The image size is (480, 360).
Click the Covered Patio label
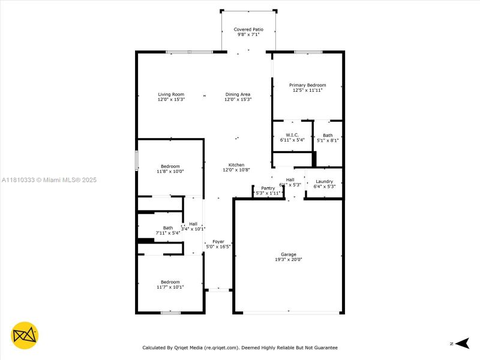[248, 29]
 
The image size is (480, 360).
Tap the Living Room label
[171, 94]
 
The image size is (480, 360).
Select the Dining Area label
[238, 94]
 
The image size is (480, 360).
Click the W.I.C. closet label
[292, 135]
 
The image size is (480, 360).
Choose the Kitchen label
[236, 165]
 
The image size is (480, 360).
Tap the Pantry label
[268, 188]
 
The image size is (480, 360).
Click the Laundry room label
[323, 181]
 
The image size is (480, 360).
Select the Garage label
[289, 254]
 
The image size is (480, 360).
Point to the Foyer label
[218, 241]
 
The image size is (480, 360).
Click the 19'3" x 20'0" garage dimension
[289, 260]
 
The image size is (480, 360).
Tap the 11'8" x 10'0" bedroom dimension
[170, 172]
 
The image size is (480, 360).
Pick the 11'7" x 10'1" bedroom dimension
[170, 287]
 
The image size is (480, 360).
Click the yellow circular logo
[25, 336]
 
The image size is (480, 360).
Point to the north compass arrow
[461, 343]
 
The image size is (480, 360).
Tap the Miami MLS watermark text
[49, 180]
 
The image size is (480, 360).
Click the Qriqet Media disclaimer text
[239, 347]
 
